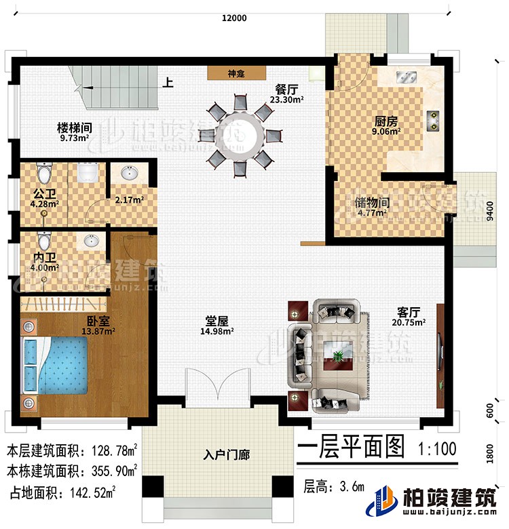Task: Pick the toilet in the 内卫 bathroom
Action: pos(45,241)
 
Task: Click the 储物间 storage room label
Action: pos(371,202)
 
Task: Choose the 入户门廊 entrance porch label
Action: pos(227,455)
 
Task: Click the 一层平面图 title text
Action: pos(351,448)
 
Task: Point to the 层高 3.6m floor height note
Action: pos(333,486)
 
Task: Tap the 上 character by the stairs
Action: pos(167,85)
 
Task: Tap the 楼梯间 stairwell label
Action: pos(74,127)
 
